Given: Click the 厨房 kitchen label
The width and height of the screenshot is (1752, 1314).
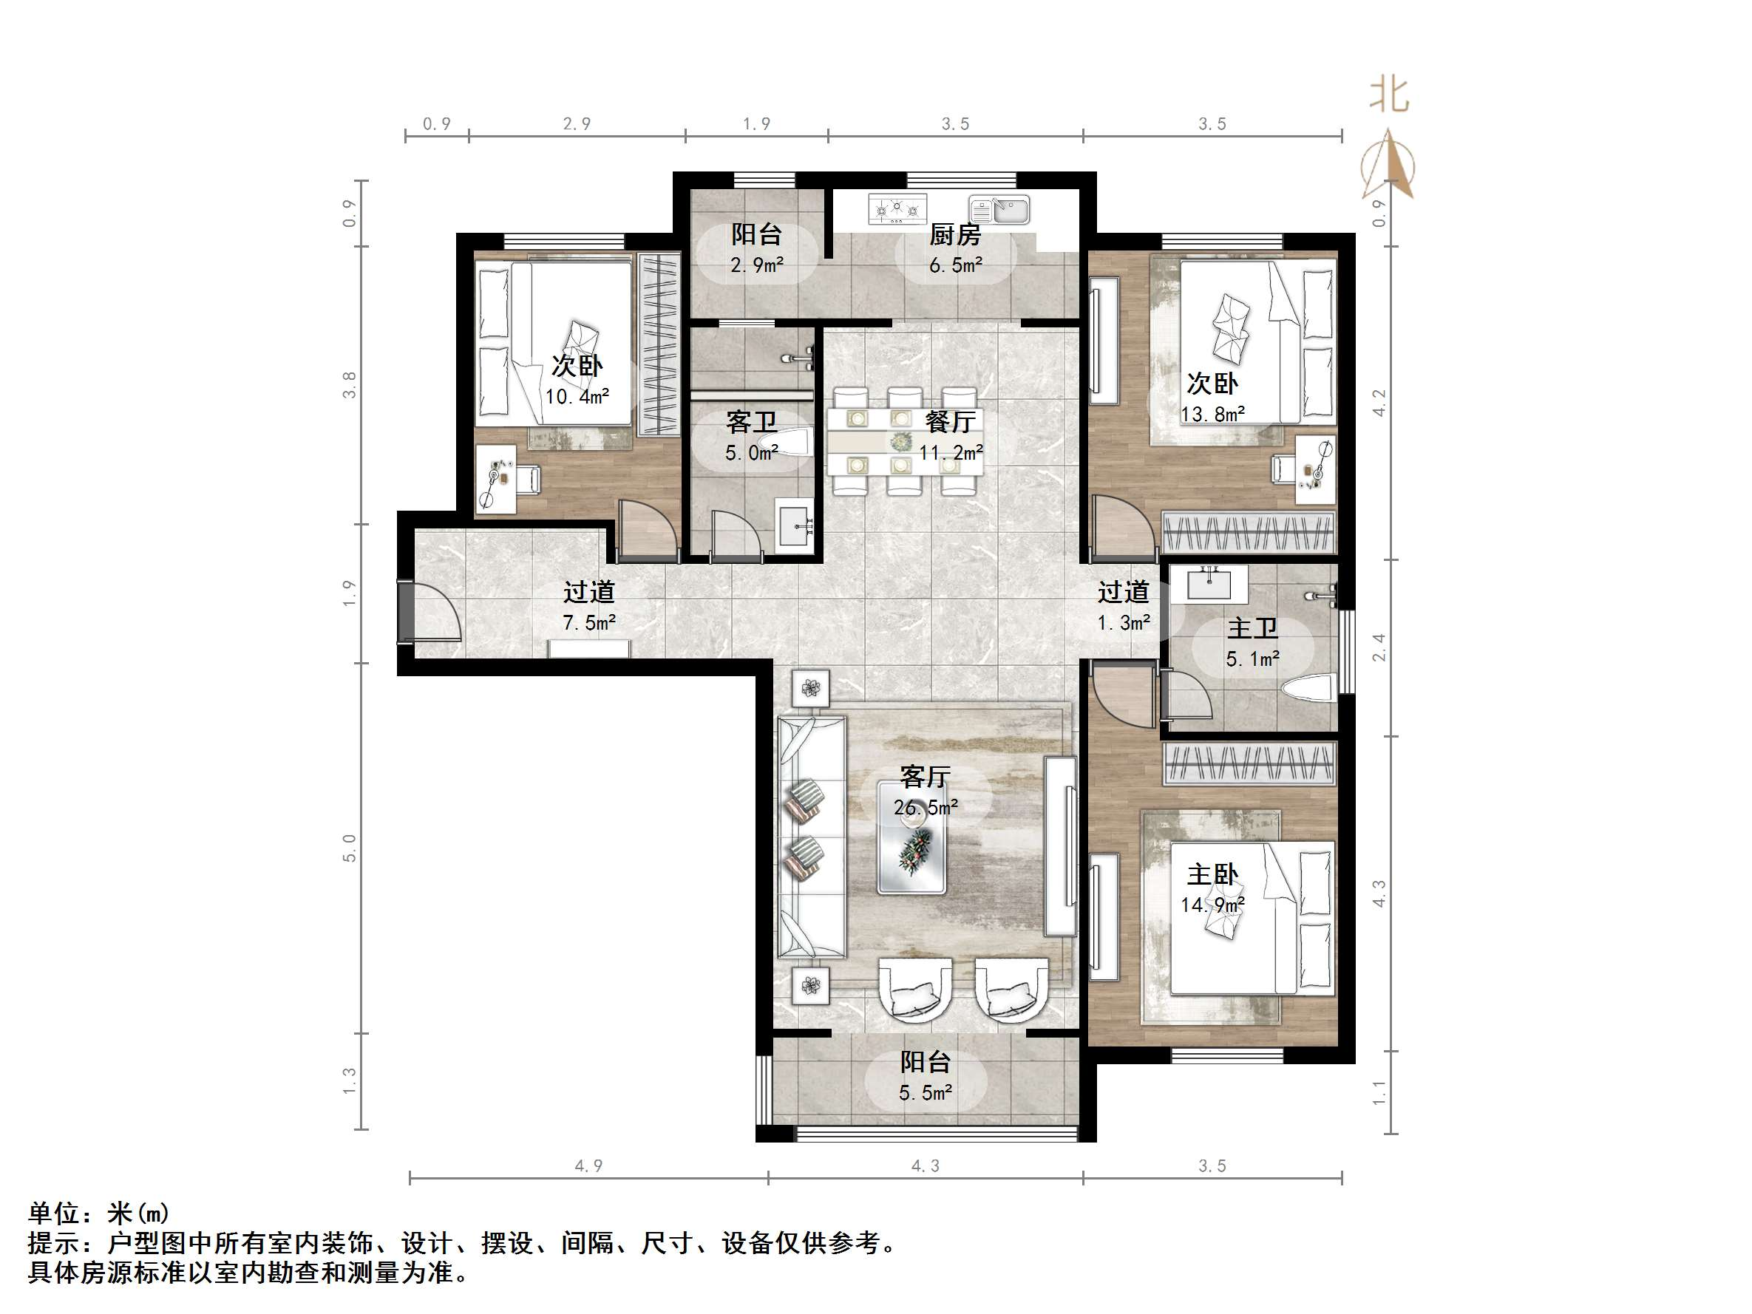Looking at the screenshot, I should coord(954,234).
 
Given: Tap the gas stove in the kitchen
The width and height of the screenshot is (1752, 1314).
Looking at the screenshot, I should coord(897,209).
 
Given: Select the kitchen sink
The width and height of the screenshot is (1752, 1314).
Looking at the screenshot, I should coord(999,211).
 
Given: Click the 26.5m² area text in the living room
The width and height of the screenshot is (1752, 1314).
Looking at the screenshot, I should coord(925,808).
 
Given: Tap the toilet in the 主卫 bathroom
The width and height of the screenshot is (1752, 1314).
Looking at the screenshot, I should coord(1308,687).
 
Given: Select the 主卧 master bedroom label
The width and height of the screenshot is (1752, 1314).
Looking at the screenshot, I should coord(1212,874).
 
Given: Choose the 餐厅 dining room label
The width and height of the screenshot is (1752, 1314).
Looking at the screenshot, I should coord(950,421).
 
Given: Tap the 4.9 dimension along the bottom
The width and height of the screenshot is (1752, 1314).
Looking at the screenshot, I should coord(588,1166).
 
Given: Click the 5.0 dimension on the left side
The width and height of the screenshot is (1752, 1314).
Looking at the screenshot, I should coord(349,848).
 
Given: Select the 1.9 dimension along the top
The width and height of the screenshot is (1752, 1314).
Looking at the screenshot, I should coord(756,123).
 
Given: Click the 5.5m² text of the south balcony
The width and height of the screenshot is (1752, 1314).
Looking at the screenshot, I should coord(925,1093).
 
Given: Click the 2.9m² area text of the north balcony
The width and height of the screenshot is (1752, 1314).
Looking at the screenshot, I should coord(756,265).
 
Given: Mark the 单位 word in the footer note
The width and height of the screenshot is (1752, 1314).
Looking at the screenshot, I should coord(54,1213).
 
